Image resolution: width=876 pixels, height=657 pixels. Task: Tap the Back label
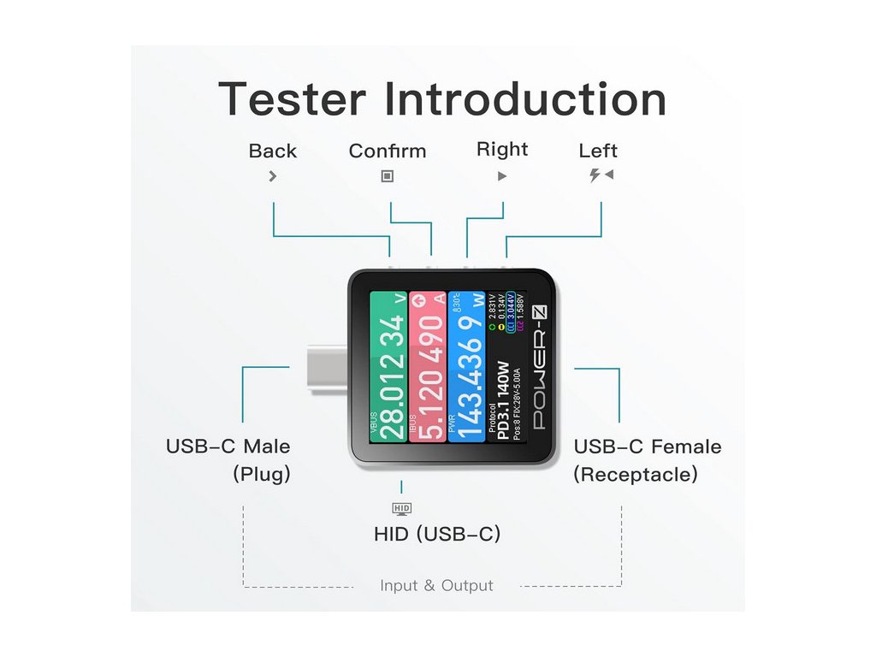point(272,151)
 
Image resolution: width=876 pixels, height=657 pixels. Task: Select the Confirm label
point(387,151)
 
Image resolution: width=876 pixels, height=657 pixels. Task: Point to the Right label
point(502,150)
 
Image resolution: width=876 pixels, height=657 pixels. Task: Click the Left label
point(598,151)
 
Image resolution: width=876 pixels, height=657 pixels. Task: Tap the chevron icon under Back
point(272,176)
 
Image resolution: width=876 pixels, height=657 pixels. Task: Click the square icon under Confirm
point(387,176)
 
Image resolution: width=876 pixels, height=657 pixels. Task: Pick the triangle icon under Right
point(502,176)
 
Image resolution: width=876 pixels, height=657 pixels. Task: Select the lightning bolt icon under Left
point(595,175)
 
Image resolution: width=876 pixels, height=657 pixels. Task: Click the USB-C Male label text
point(228,447)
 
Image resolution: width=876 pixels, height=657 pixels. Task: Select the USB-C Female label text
point(648,447)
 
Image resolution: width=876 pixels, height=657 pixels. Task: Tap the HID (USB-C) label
point(437,535)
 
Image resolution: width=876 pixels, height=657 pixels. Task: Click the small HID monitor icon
point(401,509)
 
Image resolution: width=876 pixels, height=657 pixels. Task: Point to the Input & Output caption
point(436,586)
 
